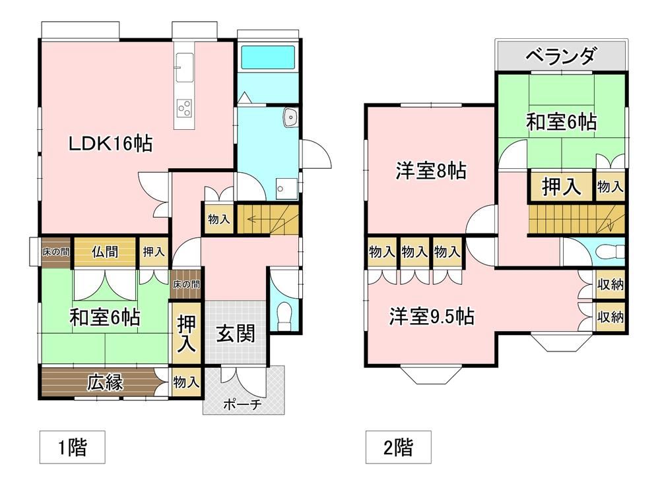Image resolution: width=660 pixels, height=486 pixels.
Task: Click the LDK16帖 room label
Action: pos(110,144)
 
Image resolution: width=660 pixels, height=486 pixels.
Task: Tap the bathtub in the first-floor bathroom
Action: pos(268,57)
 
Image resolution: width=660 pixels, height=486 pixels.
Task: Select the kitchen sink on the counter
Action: pos(184,67)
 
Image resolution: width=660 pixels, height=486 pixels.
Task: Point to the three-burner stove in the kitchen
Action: pos(184,108)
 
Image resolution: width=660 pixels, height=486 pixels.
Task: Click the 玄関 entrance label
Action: pos(236,334)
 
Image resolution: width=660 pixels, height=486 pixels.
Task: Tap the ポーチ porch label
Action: pos(242,404)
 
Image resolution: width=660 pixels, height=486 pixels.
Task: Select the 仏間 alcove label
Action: pos(105,252)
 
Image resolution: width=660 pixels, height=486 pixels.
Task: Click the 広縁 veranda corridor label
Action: pos(105,382)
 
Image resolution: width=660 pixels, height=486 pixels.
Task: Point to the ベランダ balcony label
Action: pos(562,55)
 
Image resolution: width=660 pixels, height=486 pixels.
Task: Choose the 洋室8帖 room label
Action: pos(430,171)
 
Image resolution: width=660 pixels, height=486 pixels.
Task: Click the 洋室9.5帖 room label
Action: pos(432,316)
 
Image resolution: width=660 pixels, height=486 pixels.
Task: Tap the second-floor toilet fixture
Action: pos(610,252)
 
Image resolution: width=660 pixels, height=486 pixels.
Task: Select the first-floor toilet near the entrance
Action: pos(284,316)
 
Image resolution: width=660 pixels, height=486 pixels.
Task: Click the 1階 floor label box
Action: pos(73,447)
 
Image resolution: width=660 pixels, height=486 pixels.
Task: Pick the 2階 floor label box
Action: pos(398,447)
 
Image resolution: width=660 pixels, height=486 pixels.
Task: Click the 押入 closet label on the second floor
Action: pos(561,186)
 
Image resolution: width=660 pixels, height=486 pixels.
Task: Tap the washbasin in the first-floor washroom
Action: pos(291,117)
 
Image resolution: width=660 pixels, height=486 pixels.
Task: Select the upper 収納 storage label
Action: pos(610,285)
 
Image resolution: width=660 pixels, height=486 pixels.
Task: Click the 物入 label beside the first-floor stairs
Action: pos(219,219)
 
